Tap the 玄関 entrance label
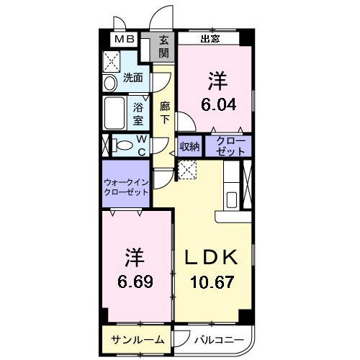(x=164, y=47)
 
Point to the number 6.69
(x=135, y=278)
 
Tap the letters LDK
(x=212, y=257)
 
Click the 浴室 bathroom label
(x=139, y=110)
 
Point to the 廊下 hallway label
(x=164, y=112)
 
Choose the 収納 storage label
(x=189, y=147)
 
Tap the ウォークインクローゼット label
(x=126, y=187)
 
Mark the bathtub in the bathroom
(x=115, y=112)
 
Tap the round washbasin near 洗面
(x=109, y=84)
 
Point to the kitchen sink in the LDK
(x=233, y=199)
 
